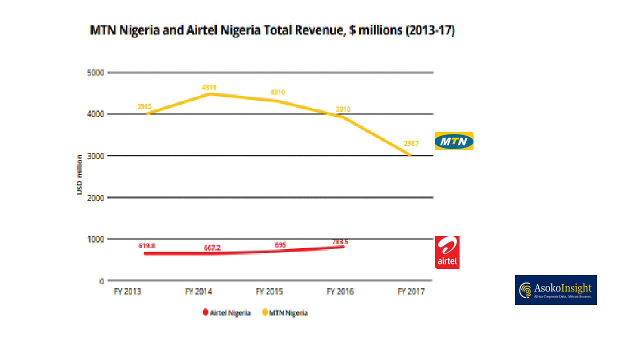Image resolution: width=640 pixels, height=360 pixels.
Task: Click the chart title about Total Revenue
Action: tap(272, 30)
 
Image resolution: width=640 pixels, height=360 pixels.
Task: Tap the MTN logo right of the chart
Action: tap(453, 141)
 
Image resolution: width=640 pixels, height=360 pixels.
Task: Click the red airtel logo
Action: tap(447, 252)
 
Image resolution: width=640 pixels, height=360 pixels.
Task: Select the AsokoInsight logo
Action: tap(555, 290)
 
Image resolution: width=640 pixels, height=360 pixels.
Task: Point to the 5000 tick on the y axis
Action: tap(95, 73)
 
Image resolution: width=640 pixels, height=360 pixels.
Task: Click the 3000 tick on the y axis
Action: tap(95, 156)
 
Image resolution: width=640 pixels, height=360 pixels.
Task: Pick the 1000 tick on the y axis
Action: tap(95, 239)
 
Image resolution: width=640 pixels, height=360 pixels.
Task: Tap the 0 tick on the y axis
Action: tap(101, 281)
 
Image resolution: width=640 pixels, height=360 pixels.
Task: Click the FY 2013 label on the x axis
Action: tap(127, 291)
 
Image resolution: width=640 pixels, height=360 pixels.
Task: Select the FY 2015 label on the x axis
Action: tap(269, 291)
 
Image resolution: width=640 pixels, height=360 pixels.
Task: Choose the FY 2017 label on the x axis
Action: tap(410, 291)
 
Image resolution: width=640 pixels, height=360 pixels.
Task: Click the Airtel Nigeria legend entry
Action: tap(226, 313)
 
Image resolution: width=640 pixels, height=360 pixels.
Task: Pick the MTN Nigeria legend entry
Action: tap(284, 313)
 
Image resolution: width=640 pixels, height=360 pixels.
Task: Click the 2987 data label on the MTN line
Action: tap(410, 143)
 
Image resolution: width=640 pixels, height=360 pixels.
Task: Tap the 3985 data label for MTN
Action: tap(144, 106)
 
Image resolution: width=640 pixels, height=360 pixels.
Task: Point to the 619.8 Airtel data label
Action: tap(146, 246)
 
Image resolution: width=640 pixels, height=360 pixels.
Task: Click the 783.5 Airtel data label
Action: tap(340, 242)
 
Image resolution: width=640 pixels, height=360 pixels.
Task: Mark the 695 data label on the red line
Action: tap(280, 245)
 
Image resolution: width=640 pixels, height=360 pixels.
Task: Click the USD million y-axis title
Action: tap(79, 174)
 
